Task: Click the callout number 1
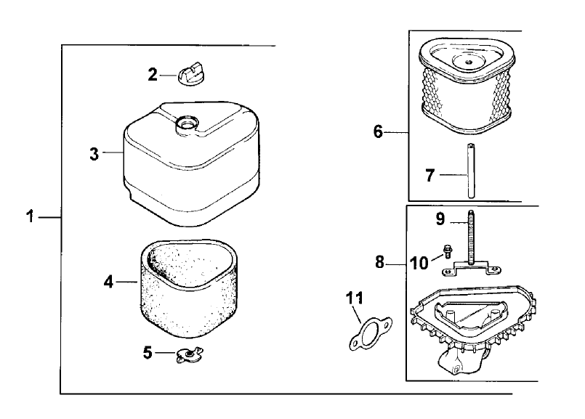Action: tap(30, 216)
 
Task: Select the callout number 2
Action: tap(153, 73)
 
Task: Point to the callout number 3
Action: tap(94, 153)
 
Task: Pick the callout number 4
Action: tap(108, 280)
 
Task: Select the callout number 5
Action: tap(148, 353)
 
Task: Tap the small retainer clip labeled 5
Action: tap(189, 354)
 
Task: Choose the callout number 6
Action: tap(378, 132)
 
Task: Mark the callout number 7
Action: tap(430, 175)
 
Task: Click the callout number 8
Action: tap(379, 262)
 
